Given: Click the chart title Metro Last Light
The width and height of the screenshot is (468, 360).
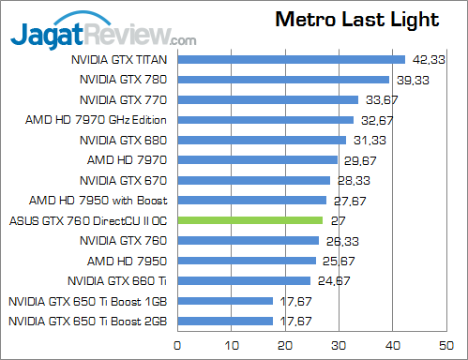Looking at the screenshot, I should (x=357, y=21).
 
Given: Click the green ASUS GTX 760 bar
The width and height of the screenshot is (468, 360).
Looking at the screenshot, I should (x=249, y=220).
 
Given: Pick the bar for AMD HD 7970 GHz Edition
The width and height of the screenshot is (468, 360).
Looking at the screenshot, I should (x=264, y=120).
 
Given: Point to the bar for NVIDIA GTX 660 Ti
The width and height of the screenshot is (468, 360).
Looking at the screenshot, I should (x=243, y=280).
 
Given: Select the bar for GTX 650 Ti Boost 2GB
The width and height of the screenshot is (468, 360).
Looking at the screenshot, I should (x=224, y=321).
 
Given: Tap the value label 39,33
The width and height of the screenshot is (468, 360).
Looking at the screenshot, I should (x=408, y=80).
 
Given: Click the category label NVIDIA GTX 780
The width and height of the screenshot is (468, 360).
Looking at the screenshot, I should (x=124, y=80).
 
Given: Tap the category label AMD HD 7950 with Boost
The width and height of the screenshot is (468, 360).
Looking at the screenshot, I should (x=98, y=200).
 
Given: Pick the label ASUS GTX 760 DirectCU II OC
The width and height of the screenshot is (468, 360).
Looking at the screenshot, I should (x=87, y=220).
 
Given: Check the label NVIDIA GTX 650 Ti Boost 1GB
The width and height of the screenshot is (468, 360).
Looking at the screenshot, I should (x=87, y=301).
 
